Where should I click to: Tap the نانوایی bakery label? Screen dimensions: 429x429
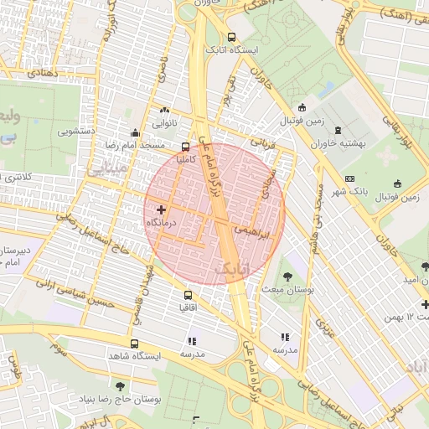tap(163, 123)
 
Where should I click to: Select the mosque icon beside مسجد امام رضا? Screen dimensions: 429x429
tap(135, 132)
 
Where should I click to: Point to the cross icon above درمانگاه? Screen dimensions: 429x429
tap(161, 209)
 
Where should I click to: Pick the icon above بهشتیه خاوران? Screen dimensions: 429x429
tap(338, 131)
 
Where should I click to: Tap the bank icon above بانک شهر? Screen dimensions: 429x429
tap(349, 178)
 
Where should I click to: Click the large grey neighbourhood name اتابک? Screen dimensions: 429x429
tap(232, 270)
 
